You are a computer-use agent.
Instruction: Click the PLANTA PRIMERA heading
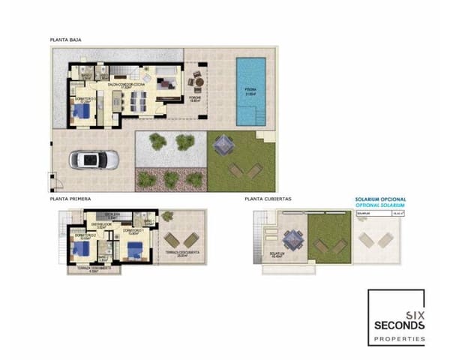70,199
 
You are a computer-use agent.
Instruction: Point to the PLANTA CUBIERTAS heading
267,199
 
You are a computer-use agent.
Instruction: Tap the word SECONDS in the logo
399,325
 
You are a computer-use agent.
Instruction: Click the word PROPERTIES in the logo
399,340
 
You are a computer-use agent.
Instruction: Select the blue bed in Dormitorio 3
81,112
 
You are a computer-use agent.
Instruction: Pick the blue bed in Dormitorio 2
79,250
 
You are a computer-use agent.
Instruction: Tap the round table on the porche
198,79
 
